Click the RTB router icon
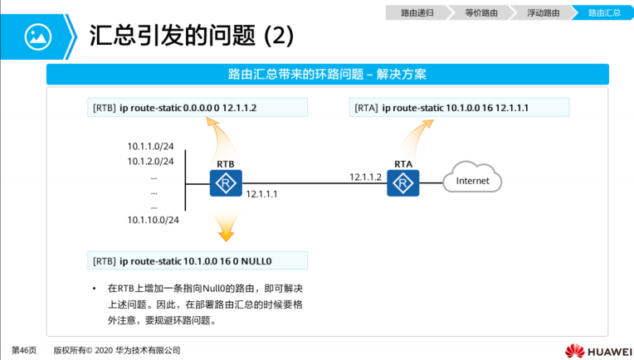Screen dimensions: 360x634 coord(225,182)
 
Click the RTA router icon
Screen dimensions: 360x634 coord(403,182)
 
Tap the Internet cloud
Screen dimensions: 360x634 coord(473,181)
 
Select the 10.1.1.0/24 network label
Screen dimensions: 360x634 coord(150,145)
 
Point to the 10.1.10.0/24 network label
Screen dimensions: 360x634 coord(153,220)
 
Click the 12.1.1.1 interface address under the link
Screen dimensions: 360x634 coord(262,194)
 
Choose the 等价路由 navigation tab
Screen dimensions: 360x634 coord(480,12)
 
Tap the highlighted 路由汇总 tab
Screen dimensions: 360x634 coord(603,12)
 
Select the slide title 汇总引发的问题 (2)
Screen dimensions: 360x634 coord(191,36)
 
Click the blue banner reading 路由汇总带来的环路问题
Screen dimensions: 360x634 coord(327,75)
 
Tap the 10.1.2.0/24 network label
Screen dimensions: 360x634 coord(150,160)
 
